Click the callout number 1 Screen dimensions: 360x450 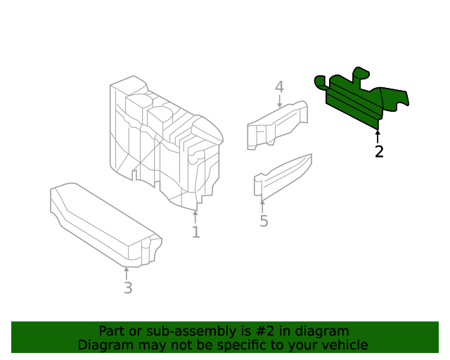(195, 231)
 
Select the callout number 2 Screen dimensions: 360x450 (379, 151)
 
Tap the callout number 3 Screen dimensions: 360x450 (127, 288)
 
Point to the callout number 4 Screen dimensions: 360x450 (279, 87)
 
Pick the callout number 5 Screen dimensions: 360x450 (264, 221)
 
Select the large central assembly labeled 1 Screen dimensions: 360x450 (165, 141)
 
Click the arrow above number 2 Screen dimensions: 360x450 (378, 135)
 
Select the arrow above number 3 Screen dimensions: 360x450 (127, 273)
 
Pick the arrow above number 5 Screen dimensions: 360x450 (262, 206)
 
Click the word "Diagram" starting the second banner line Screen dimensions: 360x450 (103, 345)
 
